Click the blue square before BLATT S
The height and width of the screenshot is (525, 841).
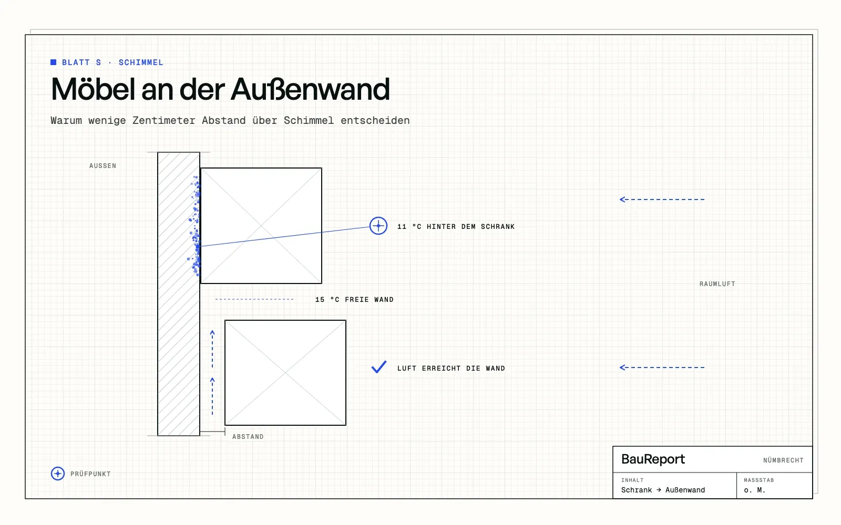pyautogui.click(x=53, y=62)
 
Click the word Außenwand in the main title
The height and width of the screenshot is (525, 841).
pyautogui.click(x=310, y=89)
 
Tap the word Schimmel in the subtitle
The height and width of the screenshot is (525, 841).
pyautogui.click(x=309, y=120)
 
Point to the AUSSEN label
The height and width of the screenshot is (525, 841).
pyautogui.click(x=102, y=166)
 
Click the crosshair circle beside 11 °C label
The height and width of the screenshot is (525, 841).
pyautogui.click(x=378, y=226)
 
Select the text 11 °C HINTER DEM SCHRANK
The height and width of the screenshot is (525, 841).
pyautogui.click(x=456, y=226)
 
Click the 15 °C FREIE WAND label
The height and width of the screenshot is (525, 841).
pyautogui.click(x=354, y=300)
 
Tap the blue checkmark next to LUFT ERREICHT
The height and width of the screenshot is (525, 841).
pyautogui.click(x=379, y=367)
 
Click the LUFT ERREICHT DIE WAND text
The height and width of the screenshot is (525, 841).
pyautogui.click(x=451, y=368)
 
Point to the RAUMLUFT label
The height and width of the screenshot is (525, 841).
pyautogui.click(x=717, y=284)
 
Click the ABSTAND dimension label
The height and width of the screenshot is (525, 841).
pyautogui.click(x=248, y=436)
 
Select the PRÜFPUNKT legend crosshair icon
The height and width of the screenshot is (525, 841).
pyautogui.click(x=57, y=473)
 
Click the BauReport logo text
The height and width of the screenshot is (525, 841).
pyautogui.click(x=653, y=459)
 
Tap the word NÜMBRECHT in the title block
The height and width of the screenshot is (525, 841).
pyautogui.click(x=783, y=460)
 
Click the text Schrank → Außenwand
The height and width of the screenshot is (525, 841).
pyautogui.click(x=663, y=490)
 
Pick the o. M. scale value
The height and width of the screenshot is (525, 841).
pyautogui.click(x=754, y=490)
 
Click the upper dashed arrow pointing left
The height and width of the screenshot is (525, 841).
pyautogui.click(x=662, y=199)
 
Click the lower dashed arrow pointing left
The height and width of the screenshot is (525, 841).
pyautogui.click(x=662, y=367)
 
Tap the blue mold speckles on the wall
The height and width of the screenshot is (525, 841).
pyautogui.click(x=195, y=226)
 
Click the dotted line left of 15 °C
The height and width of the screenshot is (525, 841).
pyautogui.click(x=254, y=299)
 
